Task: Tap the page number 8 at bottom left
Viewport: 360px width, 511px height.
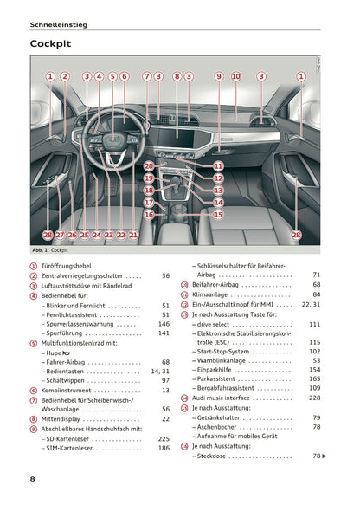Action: tap(32, 478)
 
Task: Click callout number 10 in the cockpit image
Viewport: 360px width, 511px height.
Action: tap(235, 76)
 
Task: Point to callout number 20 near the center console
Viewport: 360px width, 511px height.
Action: tap(149, 165)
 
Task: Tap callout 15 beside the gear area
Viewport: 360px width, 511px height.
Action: tap(218, 214)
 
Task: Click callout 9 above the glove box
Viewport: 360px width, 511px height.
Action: tap(219, 76)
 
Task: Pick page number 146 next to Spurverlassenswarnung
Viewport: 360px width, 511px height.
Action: tap(164, 324)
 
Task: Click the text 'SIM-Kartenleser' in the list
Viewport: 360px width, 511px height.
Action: tap(73, 448)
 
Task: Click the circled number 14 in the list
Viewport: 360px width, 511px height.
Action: tap(184, 398)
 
